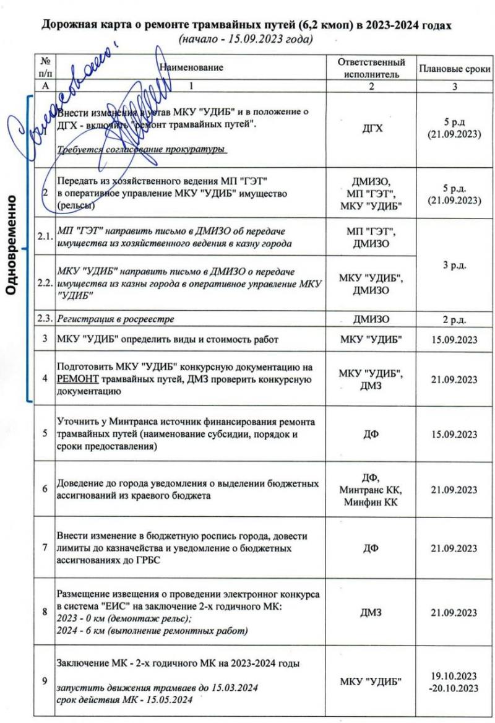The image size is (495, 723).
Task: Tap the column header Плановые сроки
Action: click(455, 69)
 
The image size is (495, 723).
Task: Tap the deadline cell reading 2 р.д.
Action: click(455, 320)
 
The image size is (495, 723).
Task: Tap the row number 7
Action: click(44, 548)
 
